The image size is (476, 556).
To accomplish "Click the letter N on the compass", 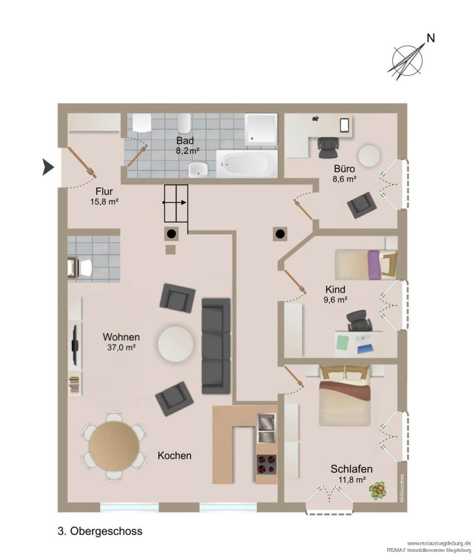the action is tap(430, 38).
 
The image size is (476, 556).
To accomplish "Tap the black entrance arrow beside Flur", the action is tap(48, 167).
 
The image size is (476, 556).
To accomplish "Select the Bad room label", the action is tap(185, 141).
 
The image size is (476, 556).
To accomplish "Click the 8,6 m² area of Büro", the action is tap(344, 179).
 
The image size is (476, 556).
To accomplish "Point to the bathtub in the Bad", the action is tap(246, 164).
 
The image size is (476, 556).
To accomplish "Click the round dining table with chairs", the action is tap(114, 446).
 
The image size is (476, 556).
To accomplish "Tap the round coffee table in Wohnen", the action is tap(175, 343).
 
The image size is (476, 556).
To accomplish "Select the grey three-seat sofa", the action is tap(216, 346).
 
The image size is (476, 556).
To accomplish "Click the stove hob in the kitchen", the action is tap(266, 464).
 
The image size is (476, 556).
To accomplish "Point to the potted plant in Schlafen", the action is tap(378, 491).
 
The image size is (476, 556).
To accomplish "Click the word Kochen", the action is tap(174, 456).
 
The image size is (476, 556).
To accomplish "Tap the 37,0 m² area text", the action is tap(121, 347).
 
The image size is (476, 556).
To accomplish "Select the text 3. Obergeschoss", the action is tap(100, 531).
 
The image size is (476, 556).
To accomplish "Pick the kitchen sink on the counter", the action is tap(266, 428).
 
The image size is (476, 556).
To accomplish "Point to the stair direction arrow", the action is tap(174, 202).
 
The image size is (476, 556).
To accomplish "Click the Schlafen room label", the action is tap(351, 469).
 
